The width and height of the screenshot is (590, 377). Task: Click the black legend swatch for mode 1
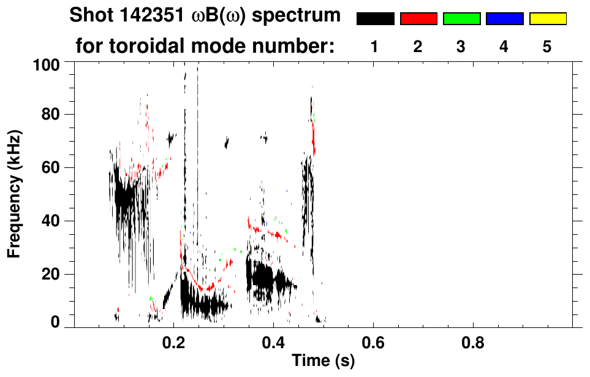[x=376, y=19]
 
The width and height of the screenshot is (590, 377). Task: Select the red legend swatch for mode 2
[x=418, y=19]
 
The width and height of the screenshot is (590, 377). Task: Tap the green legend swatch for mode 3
[x=461, y=19]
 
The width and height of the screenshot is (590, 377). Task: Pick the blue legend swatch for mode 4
[x=504, y=19]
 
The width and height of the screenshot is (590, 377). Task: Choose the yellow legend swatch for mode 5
[x=547, y=19]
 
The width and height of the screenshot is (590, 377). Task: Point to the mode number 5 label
[x=547, y=47]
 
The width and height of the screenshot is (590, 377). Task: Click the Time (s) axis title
[x=322, y=361]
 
